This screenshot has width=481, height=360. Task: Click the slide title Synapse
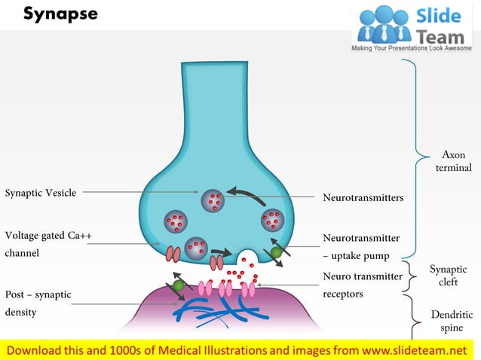[60, 14]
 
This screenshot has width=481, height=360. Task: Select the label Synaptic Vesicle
[41, 193]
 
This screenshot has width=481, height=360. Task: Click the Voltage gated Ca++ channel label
[48, 244]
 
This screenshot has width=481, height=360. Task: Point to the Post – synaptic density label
[38, 302]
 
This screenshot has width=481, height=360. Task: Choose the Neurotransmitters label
[363, 197]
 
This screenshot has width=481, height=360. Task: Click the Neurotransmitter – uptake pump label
[360, 246]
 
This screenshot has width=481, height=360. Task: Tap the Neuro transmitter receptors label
[362, 285]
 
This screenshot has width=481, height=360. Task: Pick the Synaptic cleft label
[448, 276]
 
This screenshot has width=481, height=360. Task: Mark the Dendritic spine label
[452, 321]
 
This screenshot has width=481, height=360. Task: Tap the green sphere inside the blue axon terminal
[277, 253]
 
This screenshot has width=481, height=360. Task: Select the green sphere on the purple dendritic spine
[179, 285]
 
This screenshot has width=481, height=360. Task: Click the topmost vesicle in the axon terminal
[213, 199]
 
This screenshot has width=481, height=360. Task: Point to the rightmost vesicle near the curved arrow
[271, 221]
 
